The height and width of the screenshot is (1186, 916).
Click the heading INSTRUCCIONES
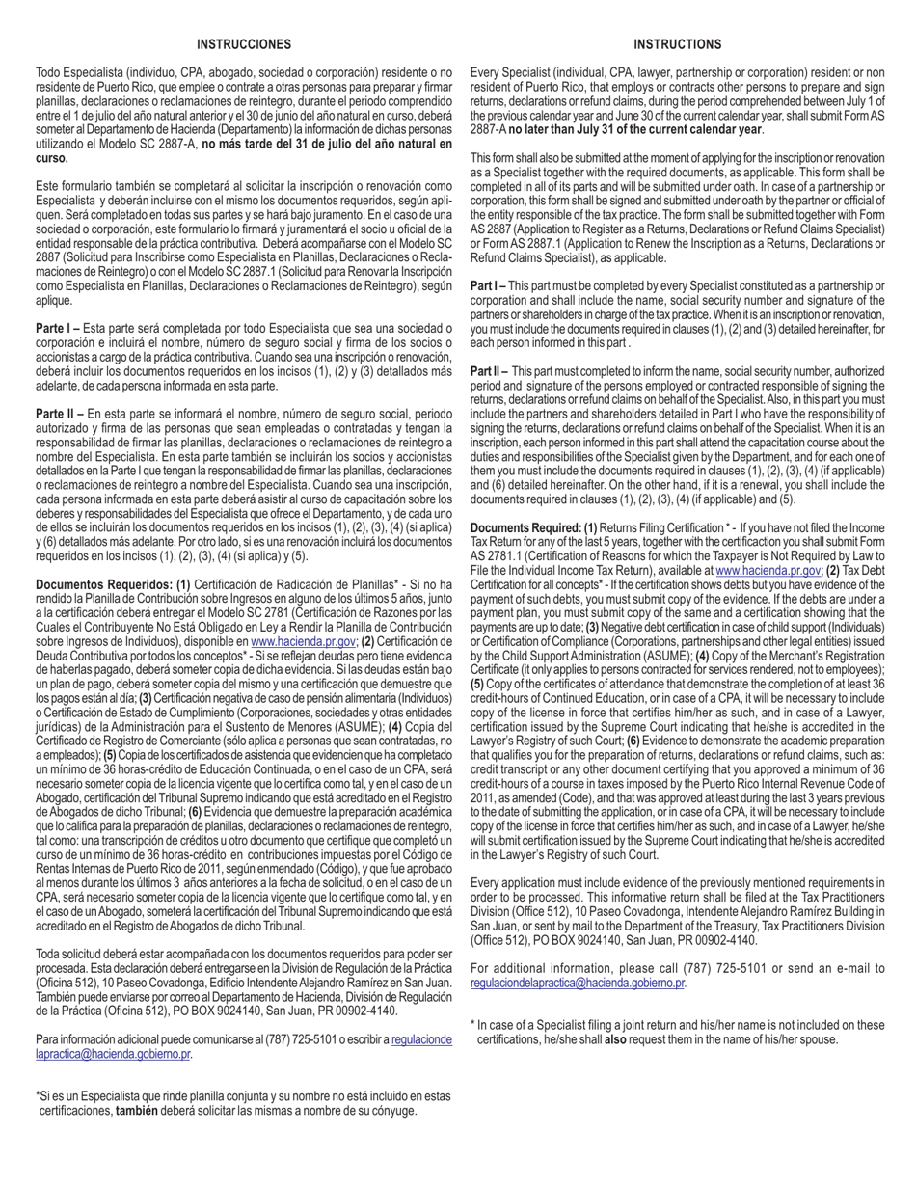tap(243, 44)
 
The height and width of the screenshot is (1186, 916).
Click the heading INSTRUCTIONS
tap(677, 44)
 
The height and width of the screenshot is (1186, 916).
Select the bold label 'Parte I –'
tap(58, 329)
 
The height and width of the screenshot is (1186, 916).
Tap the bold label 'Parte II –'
tap(60, 414)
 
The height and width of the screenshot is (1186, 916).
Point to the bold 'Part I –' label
tap(488, 286)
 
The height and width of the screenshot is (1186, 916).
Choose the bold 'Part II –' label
tap(490, 371)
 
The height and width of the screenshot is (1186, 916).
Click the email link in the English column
tap(577, 984)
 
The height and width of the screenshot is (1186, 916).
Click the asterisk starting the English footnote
tap(472, 1025)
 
